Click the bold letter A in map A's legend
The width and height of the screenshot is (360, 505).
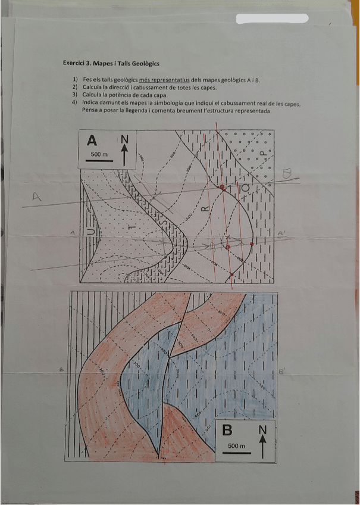click(x=92, y=141)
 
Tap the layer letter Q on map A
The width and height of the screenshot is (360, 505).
click(x=246, y=188)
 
